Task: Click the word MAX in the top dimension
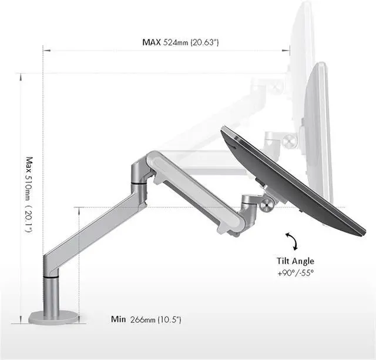pyautogui.click(x=152, y=42)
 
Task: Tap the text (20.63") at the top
pyautogui.click(x=204, y=42)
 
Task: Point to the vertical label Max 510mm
pyautogui.click(x=29, y=178)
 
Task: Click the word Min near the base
pyautogui.click(x=118, y=319)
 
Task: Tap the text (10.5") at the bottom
pyautogui.click(x=169, y=319)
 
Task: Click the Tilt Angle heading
pyautogui.click(x=295, y=261)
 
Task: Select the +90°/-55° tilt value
pyautogui.click(x=296, y=273)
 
